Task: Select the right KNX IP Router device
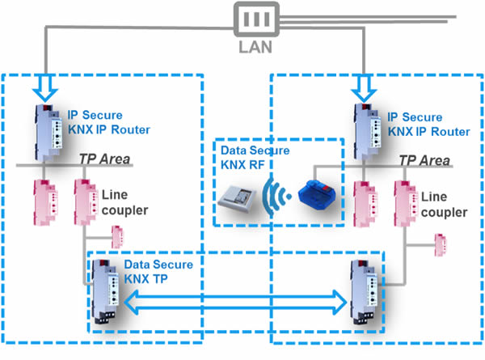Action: pos(368,131)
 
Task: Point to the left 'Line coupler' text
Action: pos(124,203)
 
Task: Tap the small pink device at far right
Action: pos(441,243)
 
